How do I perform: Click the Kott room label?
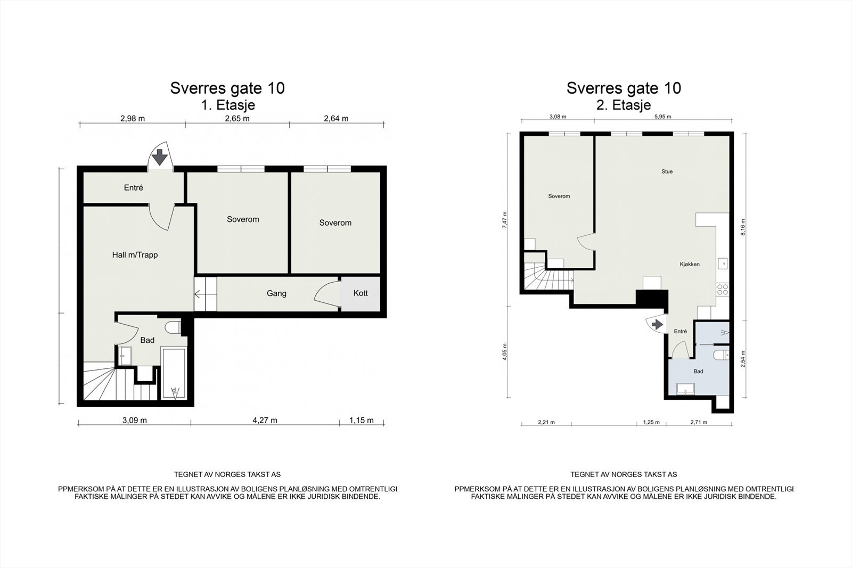point(360,293)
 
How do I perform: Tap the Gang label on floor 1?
point(276,293)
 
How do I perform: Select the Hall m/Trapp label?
point(135,255)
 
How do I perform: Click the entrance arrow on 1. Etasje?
point(160,157)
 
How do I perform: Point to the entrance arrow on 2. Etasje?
point(657,324)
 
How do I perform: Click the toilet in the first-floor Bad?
point(173,327)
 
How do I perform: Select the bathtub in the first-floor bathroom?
point(174,373)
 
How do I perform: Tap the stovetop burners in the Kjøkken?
point(722,289)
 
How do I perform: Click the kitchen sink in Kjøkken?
point(723,263)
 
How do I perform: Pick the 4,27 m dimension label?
point(265,420)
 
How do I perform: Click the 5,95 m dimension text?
point(662,117)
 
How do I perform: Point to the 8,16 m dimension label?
point(742,227)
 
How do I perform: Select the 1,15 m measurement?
point(362,420)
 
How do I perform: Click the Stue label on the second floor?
point(667,171)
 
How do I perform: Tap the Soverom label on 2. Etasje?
point(559,196)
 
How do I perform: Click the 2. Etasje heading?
point(624,105)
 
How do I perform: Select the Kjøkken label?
point(690,264)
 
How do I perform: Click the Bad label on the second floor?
point(698,371)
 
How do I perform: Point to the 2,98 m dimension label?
point(133,118)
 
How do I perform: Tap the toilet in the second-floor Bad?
point(721,355)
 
